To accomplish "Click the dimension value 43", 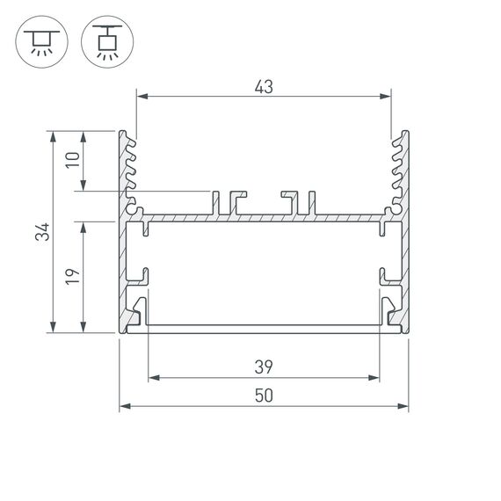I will [x=264, y=86].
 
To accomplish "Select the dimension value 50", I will [x=264, y=396].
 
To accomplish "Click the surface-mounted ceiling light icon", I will [x=39, y=41].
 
